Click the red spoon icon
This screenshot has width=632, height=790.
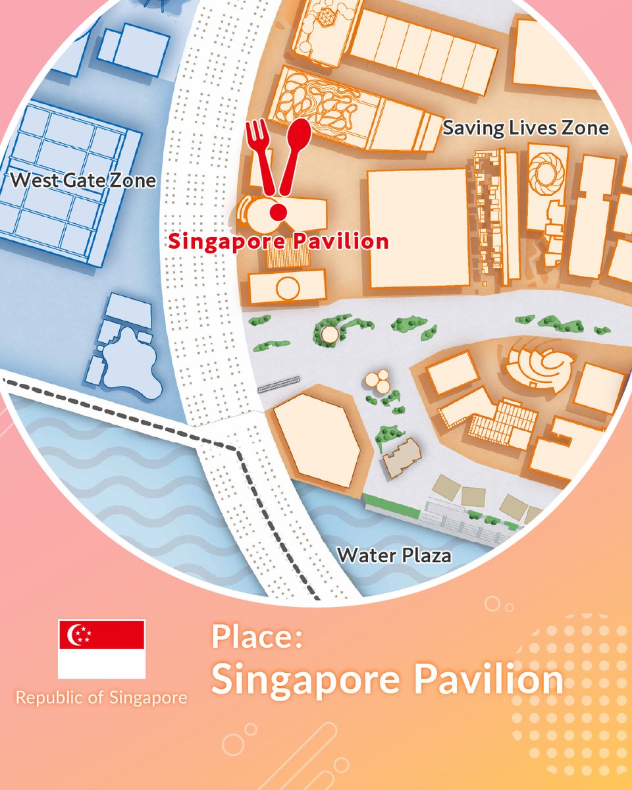point(296,148)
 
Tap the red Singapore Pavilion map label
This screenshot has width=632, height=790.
point(278,241)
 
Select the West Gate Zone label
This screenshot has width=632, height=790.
point(84,180)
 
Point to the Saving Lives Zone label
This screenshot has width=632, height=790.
point(525,127)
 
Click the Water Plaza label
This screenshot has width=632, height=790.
point(394,555)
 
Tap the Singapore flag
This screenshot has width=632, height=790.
point(101,648)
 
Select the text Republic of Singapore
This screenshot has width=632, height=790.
point(101,697)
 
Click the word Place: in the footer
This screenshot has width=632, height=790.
point(257,638)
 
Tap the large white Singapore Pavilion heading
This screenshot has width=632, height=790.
point(387,679)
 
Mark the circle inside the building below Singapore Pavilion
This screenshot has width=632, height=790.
point(287,288)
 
